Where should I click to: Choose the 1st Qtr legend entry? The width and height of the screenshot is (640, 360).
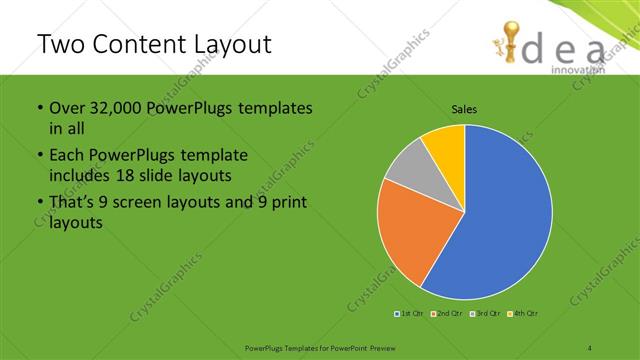[410, 314]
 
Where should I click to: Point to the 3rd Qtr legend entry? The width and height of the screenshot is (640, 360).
[485, 314]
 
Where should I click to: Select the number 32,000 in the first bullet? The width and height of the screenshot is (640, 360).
[116, 108]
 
